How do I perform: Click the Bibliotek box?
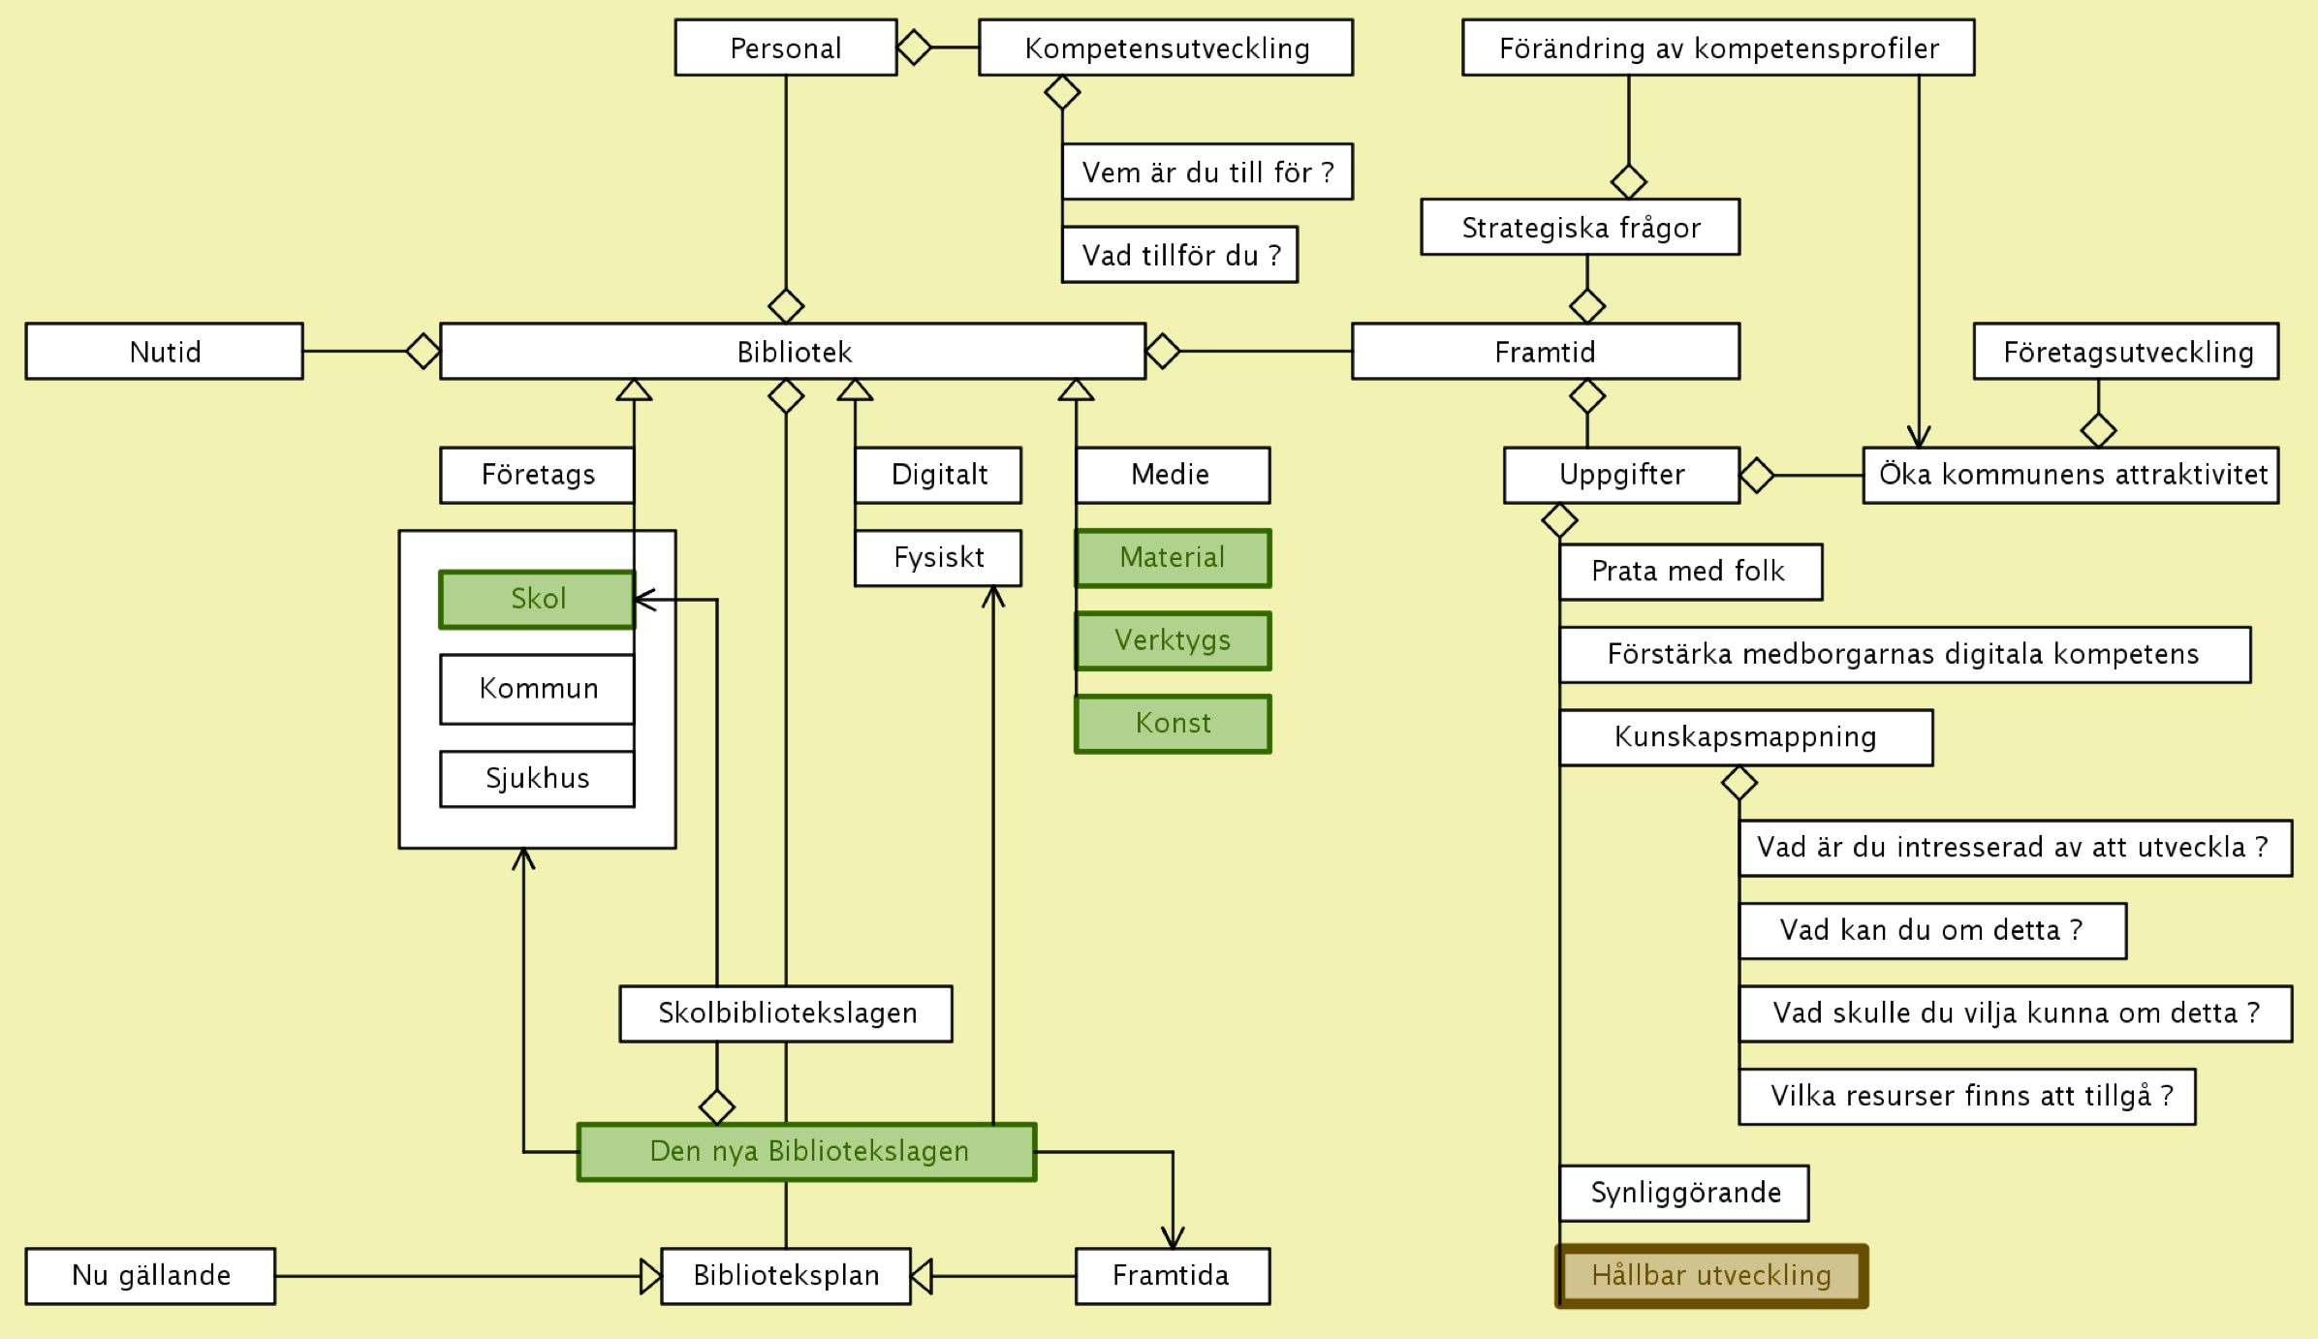[x=793, y=351]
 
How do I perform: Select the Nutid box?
[x=165, y=351]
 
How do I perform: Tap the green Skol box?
[x=537, y=599]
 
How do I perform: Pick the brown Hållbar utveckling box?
[x=1711, y=1276]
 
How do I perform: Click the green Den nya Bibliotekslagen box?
[x=807, y=1151]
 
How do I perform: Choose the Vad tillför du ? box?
[x=1179, y=255]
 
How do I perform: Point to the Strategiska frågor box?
[x=1580, y=228]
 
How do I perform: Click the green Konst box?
[x=1173, y=724]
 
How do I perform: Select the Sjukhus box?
[x=537, y=778]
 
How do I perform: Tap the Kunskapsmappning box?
[x=1745, y=737]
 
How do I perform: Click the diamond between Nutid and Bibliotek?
[x=423, y=351]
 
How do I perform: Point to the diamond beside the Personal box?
[x=914, y=47]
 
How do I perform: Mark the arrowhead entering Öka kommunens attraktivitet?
[x=1919, y=437]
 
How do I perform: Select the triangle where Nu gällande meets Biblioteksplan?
[x=650, y=1276]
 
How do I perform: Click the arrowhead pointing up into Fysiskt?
[x=993, y=596]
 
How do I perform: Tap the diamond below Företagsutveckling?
[x=2098, y=429]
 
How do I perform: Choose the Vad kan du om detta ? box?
[x=1932, y=931]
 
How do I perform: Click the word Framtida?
[x=1171, y=1275]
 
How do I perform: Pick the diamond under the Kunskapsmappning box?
[x=1739, y=783]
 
